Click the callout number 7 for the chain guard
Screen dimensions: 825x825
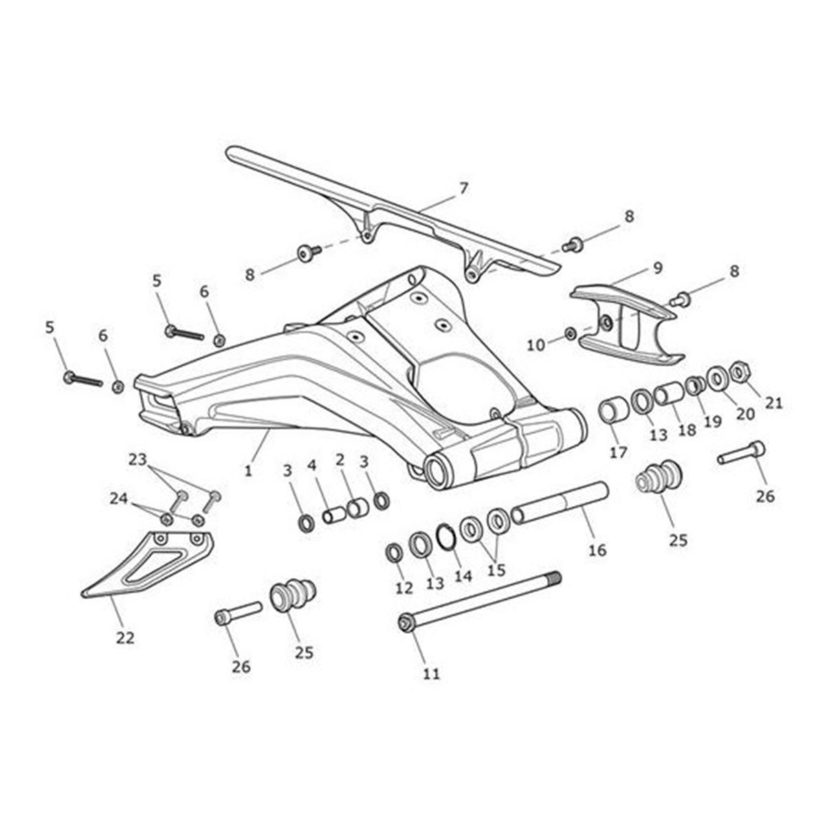coord(463,187)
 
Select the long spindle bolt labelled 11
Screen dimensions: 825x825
coord(481,599)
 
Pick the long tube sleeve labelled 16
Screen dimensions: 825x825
coord(560,505)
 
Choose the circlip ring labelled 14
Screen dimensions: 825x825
coord(445,537)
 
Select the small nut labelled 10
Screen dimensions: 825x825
coord(571,333)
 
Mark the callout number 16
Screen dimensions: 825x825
coord(597,550)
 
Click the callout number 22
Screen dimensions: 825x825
coord(124,638)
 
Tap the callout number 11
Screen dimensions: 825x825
coord(431,673)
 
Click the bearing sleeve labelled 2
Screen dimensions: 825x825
coord(357,509)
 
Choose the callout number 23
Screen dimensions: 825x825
coord(138,459)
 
